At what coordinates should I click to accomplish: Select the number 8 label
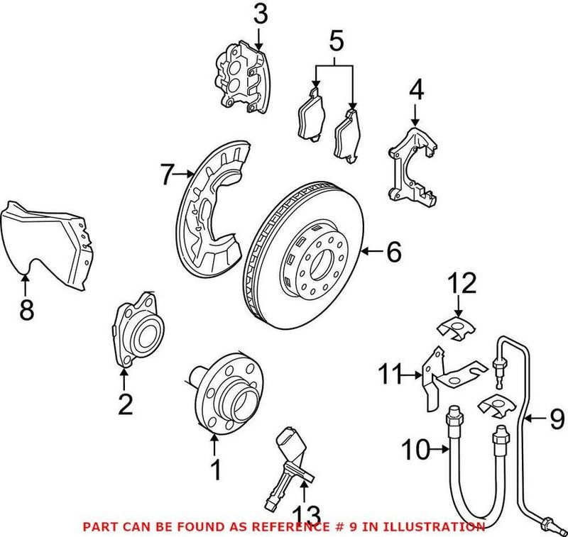click(26, 311)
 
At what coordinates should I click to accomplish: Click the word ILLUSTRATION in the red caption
click(440, 527)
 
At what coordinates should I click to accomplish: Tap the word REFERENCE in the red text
click(285, 527)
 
